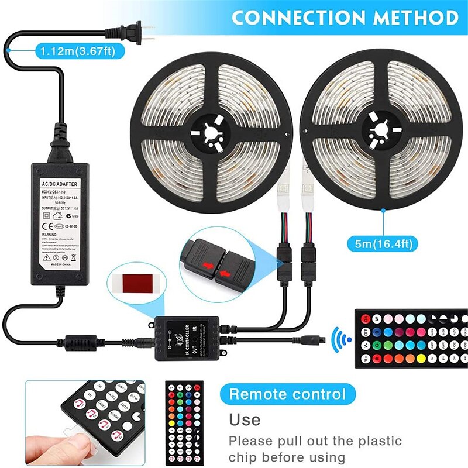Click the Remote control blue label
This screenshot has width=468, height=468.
287,394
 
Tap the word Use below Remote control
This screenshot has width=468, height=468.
245,419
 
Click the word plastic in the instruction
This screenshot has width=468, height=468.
378,441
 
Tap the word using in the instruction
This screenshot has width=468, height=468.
324,457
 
